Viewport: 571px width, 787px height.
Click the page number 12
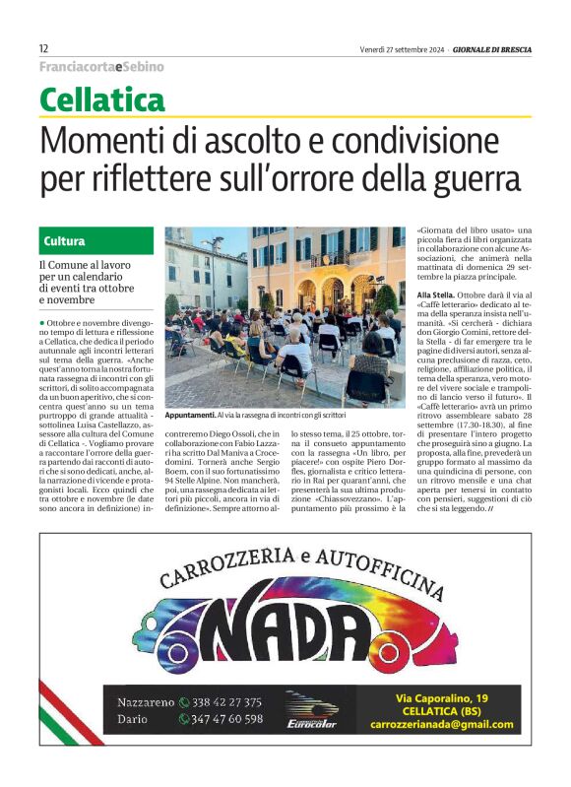[x=44, y=49]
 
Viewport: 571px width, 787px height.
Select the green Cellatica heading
[x=102, y=100]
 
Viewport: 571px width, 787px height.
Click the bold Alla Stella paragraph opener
[x=436, y=296]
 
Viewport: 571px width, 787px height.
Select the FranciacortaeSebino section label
[x=101, y=67]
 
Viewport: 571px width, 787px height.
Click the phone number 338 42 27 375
[x=225, y=702]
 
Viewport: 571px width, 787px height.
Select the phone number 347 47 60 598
[x=227, y=719]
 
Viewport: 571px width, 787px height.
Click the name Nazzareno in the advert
[x=146, y=702]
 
